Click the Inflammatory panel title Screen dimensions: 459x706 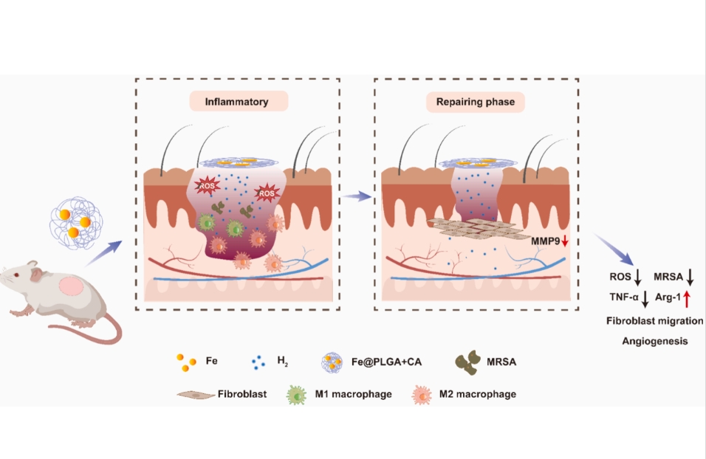(236, 101)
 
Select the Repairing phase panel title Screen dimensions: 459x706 (475, 101)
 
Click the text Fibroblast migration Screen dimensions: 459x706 (654, 322)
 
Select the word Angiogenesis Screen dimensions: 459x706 (654, 341)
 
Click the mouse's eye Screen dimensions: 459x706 (17, 275)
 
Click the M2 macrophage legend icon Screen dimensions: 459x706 (421, 394)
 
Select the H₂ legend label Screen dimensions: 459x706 (282, 362)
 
